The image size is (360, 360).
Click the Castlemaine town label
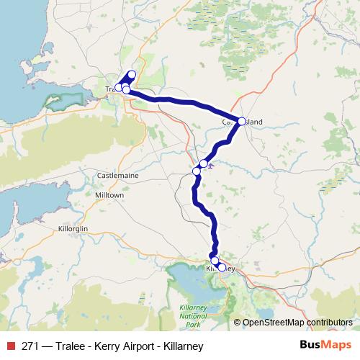click(117, 175)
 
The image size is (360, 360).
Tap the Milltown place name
click(109, 195)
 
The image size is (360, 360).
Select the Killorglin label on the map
click(73, 228)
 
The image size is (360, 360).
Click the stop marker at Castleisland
click(242, 121)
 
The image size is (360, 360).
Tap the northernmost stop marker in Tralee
click(132, 75)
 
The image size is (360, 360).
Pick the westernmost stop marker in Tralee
click(119, 88)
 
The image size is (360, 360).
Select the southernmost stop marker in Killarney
click(222, 268)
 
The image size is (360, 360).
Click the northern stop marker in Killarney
click(215, 261)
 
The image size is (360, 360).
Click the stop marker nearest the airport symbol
click(204, 164)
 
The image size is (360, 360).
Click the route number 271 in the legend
click(30, 346)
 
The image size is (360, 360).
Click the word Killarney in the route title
click(177, 346)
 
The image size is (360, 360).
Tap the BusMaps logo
click(325, 346)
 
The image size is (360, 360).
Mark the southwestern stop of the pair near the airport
click(197, 171)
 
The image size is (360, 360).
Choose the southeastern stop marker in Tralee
click(127, 90)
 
